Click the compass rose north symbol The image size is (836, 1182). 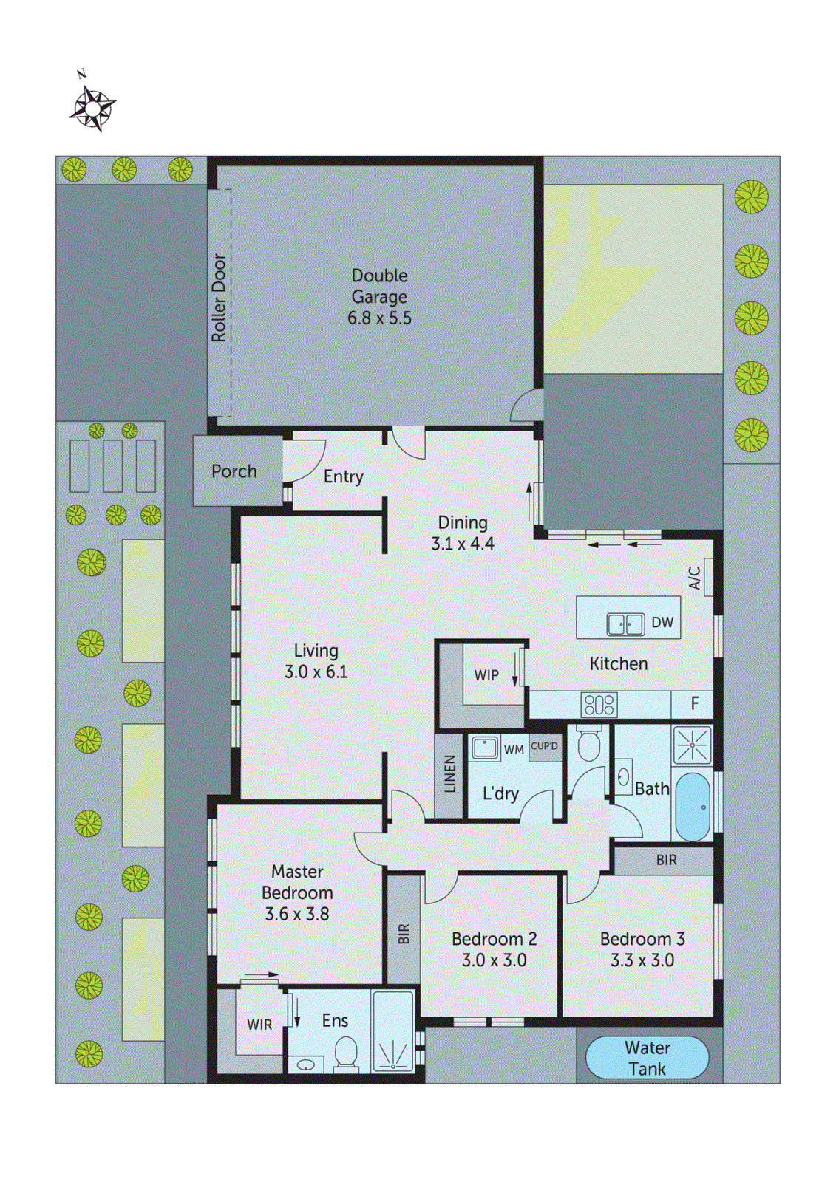tap(92, 108)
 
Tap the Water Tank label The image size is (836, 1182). tap(647, 1058)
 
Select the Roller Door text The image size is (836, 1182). tap(219, 298)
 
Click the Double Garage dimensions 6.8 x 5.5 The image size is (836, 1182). tap(379, 318)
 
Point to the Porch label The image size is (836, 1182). tap(234, 471)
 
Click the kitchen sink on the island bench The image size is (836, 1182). tap(625, 624)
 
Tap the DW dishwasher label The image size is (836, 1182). tap(662, 623)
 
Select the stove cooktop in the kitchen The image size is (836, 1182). tap(599, 704)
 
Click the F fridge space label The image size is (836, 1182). tap(694, 703)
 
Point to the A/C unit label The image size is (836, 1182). tap(695, 578)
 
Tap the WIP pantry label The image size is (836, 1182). tap(486, 675)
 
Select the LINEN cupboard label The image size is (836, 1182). tap(449, 774)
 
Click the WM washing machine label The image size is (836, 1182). tap(514, 750)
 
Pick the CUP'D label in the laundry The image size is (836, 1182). tap(544, 746)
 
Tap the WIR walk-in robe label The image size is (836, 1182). tap(259, 1025)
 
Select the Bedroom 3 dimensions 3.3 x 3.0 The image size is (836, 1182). tap(642, 960)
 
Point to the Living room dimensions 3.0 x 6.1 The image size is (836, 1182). tap(316, 672)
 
